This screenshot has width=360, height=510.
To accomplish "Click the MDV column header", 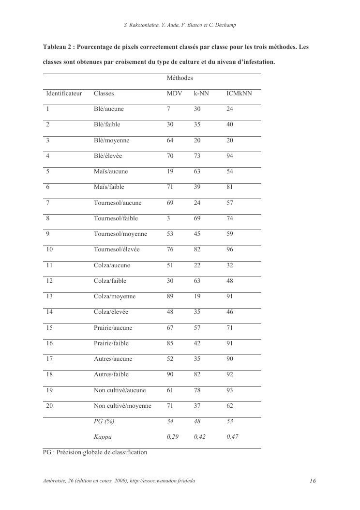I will point(174,93).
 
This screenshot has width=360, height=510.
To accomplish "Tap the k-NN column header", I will point(201,93).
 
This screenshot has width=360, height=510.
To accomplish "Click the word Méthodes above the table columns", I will point(180,78).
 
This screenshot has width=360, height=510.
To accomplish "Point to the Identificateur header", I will point(64,93).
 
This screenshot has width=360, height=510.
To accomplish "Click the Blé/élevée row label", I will point(108,156).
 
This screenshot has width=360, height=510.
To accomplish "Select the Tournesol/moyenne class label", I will point(120,234).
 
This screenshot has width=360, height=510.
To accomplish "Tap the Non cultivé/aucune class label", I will point(120,390).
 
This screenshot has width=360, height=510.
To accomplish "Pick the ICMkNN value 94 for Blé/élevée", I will point(230,156).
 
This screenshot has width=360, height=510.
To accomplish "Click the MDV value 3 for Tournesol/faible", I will point(168,218).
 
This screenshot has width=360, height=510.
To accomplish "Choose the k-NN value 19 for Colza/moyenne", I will point(197,296).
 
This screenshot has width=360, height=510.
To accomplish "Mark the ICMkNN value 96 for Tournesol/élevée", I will point(230,249).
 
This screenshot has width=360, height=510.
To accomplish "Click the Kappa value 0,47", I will point(232,437).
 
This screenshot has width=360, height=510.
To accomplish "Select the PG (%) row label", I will point(104,421).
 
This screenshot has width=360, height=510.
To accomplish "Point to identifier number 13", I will point(49,296).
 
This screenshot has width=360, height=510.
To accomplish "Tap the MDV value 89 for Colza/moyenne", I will point(170,296).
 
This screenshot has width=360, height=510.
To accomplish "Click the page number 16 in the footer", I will point(313,481).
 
